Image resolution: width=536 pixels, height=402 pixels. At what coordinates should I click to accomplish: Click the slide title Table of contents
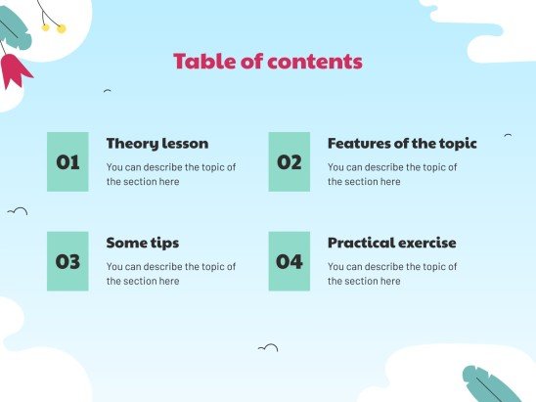268,62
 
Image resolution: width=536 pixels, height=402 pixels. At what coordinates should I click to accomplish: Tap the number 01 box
67,161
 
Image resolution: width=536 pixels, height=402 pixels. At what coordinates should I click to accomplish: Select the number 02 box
290,161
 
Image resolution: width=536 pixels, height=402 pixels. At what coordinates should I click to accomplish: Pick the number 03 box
67,261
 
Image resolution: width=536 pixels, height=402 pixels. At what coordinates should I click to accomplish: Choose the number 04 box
290,261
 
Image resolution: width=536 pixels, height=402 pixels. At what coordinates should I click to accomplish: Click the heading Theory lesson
156,143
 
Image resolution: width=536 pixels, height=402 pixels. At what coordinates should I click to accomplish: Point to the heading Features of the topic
402,143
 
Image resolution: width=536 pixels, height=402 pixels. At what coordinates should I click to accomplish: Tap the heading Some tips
142,243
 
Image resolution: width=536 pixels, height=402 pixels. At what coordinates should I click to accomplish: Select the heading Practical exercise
391,243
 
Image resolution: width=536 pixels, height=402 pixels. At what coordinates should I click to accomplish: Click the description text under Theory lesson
170,174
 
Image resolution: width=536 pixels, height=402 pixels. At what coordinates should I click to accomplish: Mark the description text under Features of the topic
392,174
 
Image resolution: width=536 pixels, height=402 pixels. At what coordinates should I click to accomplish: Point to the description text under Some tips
170,274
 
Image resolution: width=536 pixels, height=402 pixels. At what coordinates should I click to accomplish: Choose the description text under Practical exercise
392,274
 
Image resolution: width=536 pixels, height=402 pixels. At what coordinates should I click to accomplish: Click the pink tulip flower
14,68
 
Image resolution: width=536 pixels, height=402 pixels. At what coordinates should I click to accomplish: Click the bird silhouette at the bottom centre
267,347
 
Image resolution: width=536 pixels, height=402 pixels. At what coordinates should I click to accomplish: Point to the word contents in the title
318,62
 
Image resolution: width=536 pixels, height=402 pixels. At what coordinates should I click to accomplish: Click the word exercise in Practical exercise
425,243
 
